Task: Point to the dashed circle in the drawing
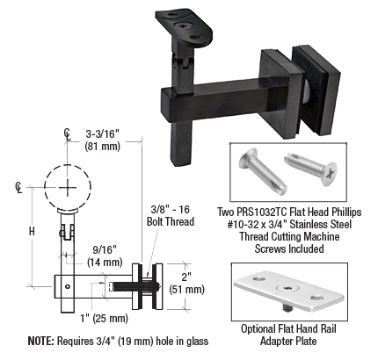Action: [68, 187]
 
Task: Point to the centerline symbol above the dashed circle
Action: [68, 134]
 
